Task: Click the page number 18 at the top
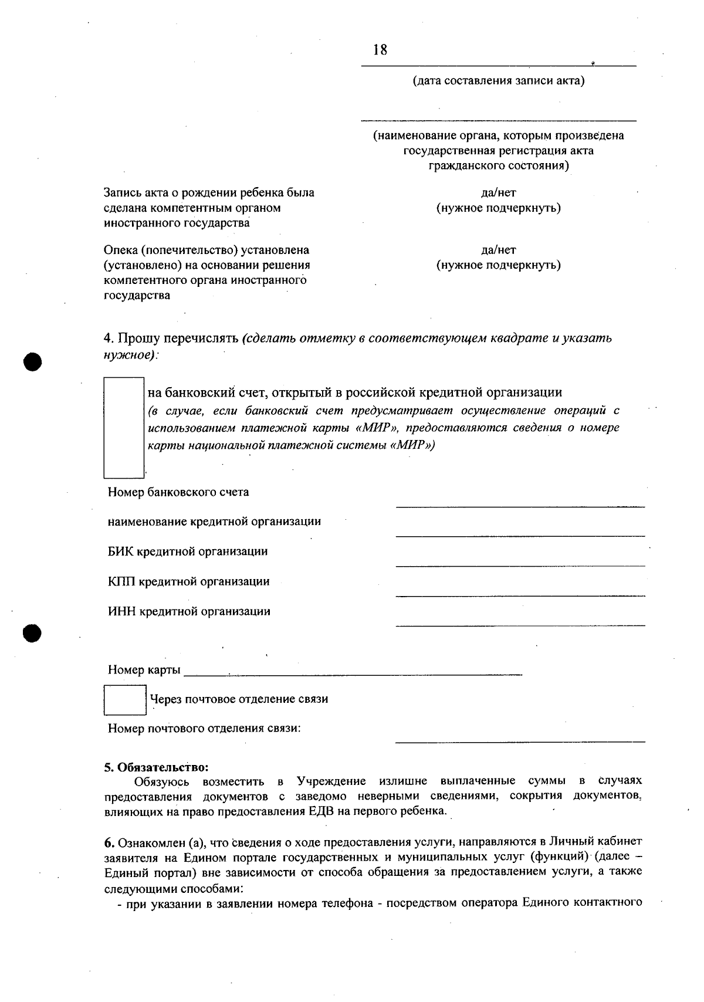380,50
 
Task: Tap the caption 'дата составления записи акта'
499,80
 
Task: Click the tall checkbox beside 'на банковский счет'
124,428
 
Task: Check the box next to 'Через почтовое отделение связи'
125,700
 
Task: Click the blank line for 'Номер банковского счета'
520,505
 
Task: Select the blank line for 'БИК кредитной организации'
520,565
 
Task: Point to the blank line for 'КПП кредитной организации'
520,595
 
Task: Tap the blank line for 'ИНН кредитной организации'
520,625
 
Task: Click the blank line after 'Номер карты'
352,675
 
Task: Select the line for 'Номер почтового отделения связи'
520,742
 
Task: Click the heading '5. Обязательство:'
157,767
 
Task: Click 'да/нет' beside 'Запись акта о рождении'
498,192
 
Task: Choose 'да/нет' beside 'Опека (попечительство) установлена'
498,250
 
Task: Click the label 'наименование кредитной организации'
214,522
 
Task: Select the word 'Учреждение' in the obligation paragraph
331,781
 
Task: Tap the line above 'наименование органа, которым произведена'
499,120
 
